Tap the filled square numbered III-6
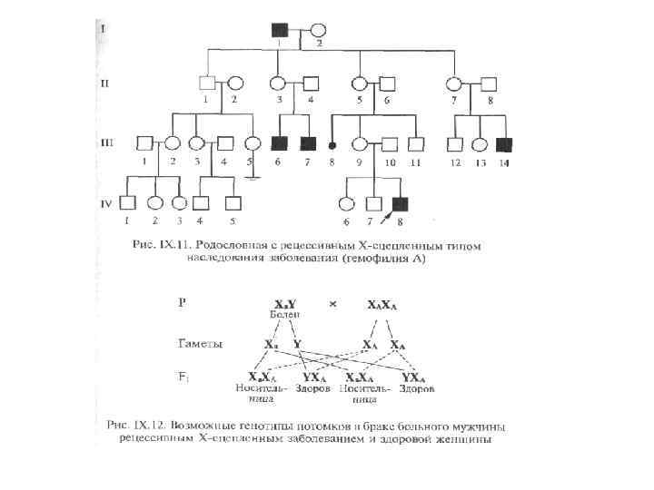click(x=280, y=143)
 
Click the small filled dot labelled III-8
click(x=333, y=144)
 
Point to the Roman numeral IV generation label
click(x=105, y=203)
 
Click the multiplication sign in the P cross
click(x=332, y=304)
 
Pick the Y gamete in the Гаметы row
click(x=297, y=345)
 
